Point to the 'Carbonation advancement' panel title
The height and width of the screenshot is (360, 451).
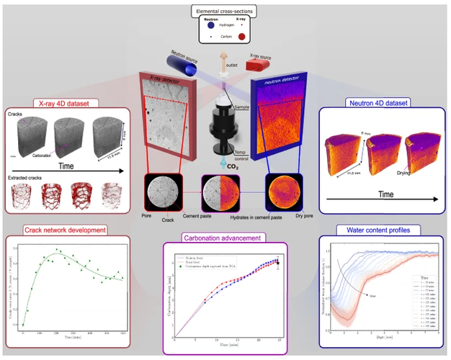coord(225,235)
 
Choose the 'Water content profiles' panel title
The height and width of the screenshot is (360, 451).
coord(374,230)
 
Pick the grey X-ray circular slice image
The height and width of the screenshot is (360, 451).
coord(163,194)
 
